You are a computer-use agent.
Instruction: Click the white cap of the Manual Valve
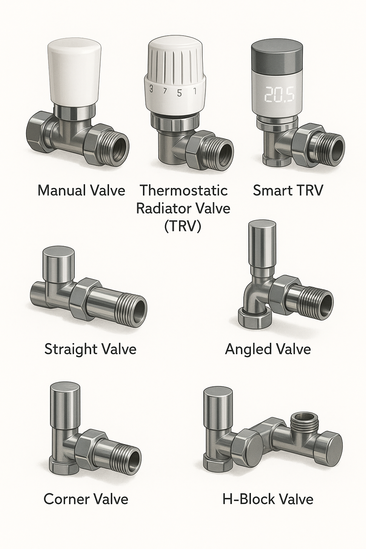coord(74,72)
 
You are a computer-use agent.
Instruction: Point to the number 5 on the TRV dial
coord(179,93)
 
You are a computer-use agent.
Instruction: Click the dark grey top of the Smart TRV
coord(277,55)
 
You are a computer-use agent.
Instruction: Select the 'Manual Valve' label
coord(81,191)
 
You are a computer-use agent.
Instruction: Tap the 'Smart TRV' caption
coord(288,191)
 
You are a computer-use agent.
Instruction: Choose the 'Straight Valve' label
coord(90,349)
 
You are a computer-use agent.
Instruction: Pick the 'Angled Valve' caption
coord(268,349)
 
